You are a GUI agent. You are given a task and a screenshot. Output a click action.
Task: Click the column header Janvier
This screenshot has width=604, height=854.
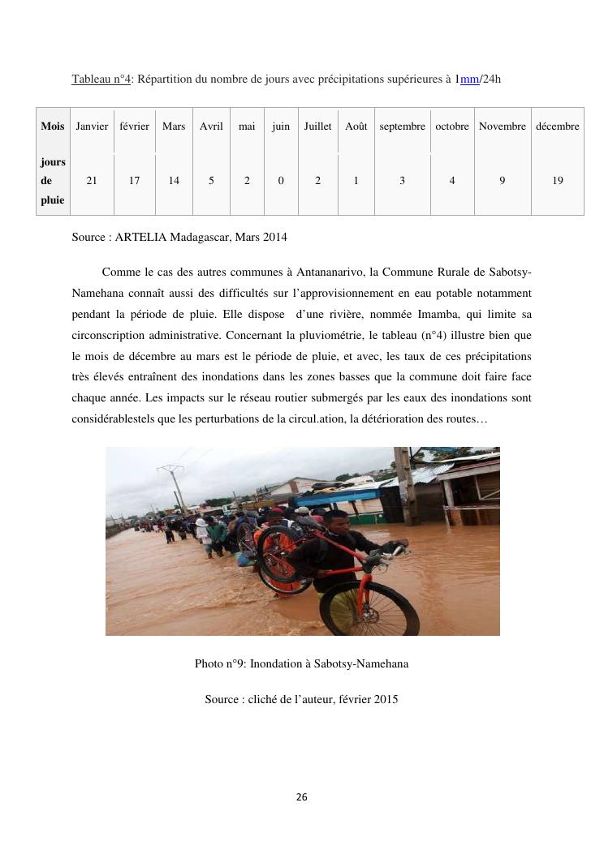(92, 127)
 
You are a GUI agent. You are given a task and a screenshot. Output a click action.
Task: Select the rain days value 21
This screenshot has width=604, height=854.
(92, 181)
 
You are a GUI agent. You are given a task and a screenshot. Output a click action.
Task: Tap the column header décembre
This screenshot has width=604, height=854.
(557, 127)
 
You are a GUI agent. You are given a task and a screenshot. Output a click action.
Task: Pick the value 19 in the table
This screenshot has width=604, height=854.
(558, 181)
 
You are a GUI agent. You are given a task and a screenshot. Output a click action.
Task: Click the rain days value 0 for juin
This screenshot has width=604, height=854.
(281, 181)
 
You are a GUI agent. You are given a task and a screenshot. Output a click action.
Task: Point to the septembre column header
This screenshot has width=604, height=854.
(402, 127)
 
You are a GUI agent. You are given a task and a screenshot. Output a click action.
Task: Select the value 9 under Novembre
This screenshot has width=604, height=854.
(503, 181)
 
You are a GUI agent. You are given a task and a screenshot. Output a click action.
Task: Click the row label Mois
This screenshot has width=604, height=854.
(53, 127)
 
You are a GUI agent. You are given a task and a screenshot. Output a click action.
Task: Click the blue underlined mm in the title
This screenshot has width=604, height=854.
(470, 79)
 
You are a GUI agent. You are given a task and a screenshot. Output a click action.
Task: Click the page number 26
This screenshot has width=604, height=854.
(302, 797)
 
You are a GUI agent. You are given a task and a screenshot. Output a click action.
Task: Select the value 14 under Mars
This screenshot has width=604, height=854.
(174, 181)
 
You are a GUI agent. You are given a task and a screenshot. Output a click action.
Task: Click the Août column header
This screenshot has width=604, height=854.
(356, 127)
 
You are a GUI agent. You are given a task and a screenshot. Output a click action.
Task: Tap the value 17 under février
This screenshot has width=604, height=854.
(134, 181)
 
